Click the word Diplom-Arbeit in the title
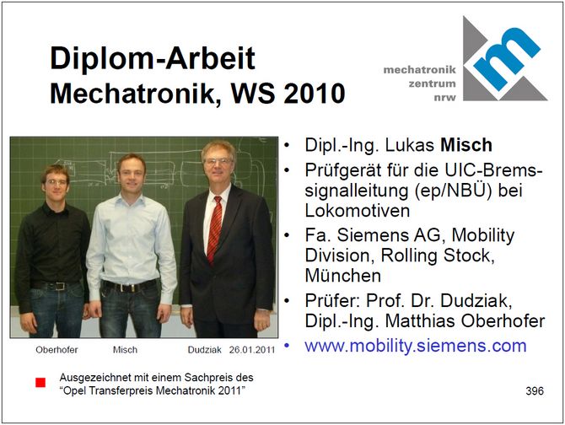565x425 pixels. point(153,58)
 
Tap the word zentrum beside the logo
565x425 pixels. point(432,83)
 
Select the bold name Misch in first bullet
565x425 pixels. point(466,145)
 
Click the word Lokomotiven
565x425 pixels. point(357,211)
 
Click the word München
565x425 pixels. point(342,276)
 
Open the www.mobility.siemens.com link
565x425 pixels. point(416,346)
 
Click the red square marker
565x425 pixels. point(40,383)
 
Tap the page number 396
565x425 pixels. point(535,390)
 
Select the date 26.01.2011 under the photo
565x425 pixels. point(252,350)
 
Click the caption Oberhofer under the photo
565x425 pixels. point(56,350)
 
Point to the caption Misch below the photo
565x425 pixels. point(125,350)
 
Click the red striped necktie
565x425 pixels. point(215,229)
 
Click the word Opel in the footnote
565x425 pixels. point(77,390)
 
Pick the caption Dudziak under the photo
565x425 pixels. point(204,350)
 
